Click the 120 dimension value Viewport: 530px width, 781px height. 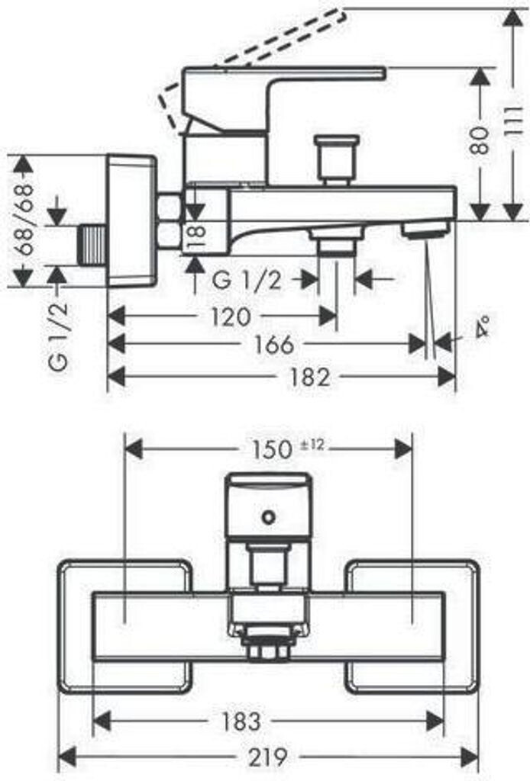231,317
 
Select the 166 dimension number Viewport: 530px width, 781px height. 274,345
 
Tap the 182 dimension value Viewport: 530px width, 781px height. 309,377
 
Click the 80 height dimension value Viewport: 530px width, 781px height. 480,140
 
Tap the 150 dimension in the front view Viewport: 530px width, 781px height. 271,450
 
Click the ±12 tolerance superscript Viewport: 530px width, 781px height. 312,445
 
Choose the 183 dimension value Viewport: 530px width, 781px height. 241,721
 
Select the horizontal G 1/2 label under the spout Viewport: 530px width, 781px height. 247,281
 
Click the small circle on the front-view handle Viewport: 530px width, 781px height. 269,517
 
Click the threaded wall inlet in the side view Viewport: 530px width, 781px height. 92,245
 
